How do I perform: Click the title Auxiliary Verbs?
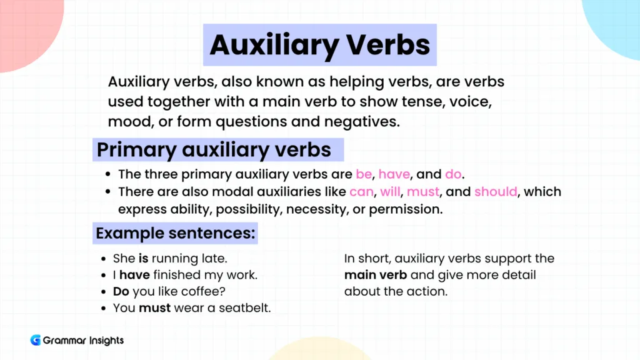319,44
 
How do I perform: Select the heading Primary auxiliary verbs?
214,150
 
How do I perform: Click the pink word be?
364,174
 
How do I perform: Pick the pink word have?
393,174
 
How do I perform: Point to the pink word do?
452,174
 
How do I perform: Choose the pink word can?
361,192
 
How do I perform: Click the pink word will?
390,192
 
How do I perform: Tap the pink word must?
423,192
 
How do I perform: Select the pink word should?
496,192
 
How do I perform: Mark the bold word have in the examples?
135,274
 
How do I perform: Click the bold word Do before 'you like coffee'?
121,291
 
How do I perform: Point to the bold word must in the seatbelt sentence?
154,307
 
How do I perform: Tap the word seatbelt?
245,307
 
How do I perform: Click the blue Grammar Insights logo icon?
35,341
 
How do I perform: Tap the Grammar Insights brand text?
83,341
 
